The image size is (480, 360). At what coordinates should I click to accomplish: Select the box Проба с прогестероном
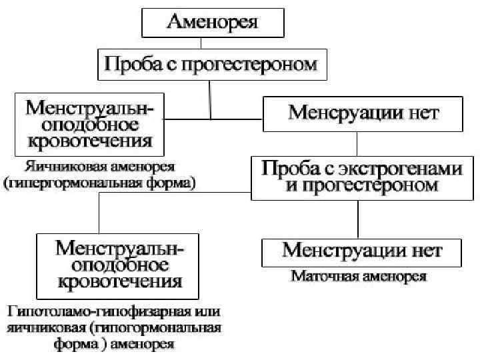point(213,65)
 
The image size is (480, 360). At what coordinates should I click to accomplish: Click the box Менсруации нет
point(363,114)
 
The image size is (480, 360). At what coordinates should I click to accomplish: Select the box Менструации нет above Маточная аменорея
point(362,251)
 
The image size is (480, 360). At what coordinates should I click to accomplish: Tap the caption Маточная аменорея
point(359,275)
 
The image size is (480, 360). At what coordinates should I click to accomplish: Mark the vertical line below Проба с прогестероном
point(211,99)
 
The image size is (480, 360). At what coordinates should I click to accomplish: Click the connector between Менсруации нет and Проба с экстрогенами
point(357,143)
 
